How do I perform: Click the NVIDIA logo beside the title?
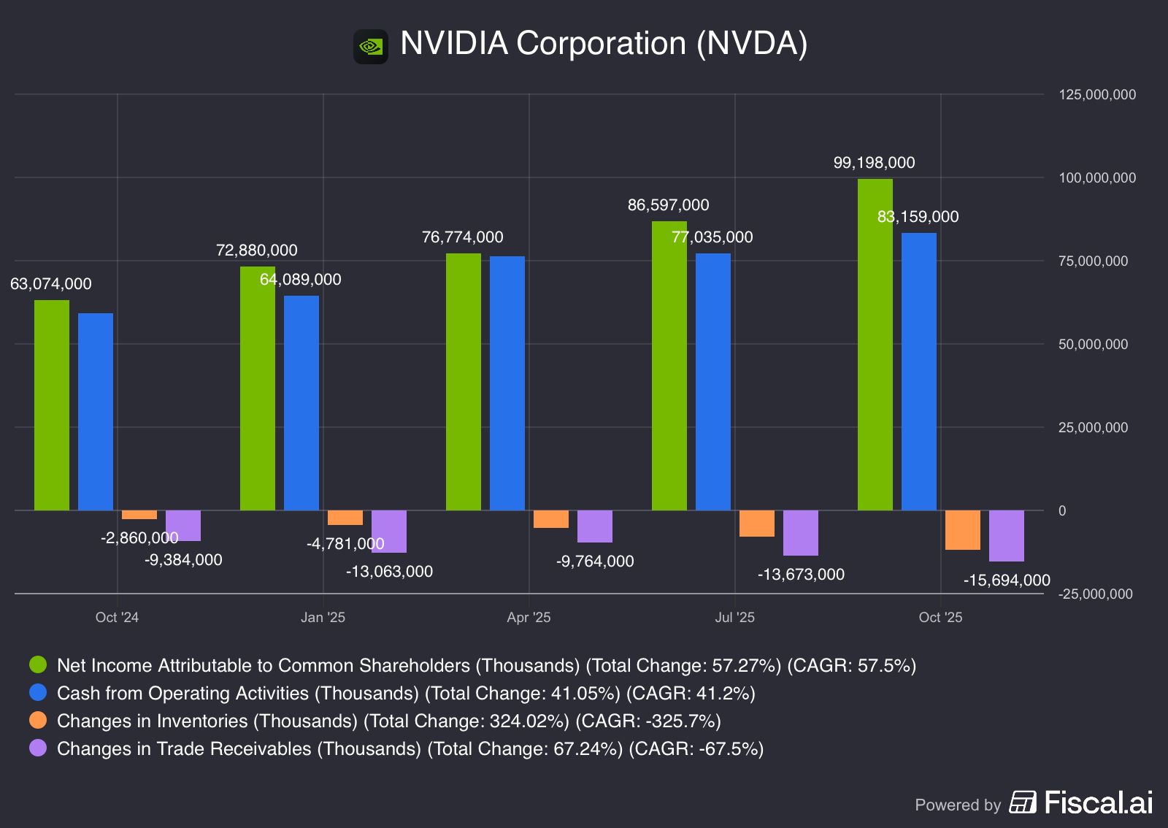coord(371,47)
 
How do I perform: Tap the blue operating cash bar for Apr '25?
coord(507,383)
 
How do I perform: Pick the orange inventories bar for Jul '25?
coord(756,524)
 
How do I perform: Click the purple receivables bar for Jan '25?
coord(388,531)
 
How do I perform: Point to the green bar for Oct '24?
coord(52,405)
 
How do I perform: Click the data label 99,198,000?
coord(874,163)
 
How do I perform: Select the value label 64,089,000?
coord(300,280)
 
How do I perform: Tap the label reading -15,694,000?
coord(1006,580)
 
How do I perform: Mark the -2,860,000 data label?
coord(139,538)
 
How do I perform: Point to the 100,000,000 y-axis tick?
coord(1096,178)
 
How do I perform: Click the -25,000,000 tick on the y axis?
coord(1095,594)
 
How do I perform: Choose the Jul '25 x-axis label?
coord(734,618)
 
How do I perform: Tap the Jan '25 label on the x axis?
coord(323,618)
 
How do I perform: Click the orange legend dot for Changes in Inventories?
coord(38,721)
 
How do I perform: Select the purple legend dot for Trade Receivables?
coord(38,748)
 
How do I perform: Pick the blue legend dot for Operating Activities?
coord(38,693)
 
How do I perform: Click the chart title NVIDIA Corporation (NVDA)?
coord(604,44)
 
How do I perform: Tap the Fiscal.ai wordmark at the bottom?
coord(1098,802)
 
